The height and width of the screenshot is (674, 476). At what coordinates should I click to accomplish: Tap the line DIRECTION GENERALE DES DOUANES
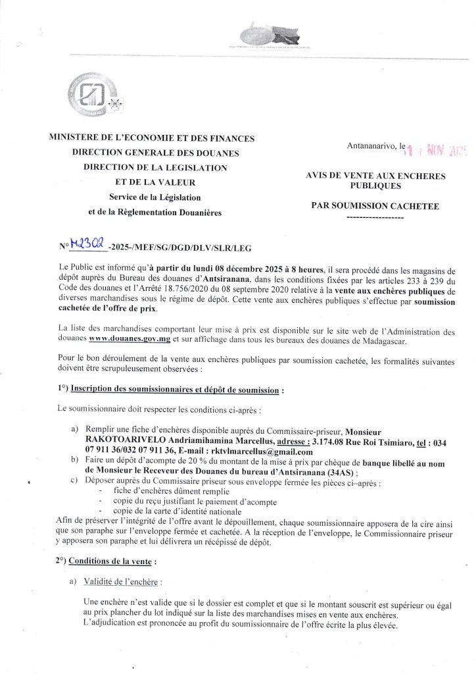[x=148, y=153]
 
